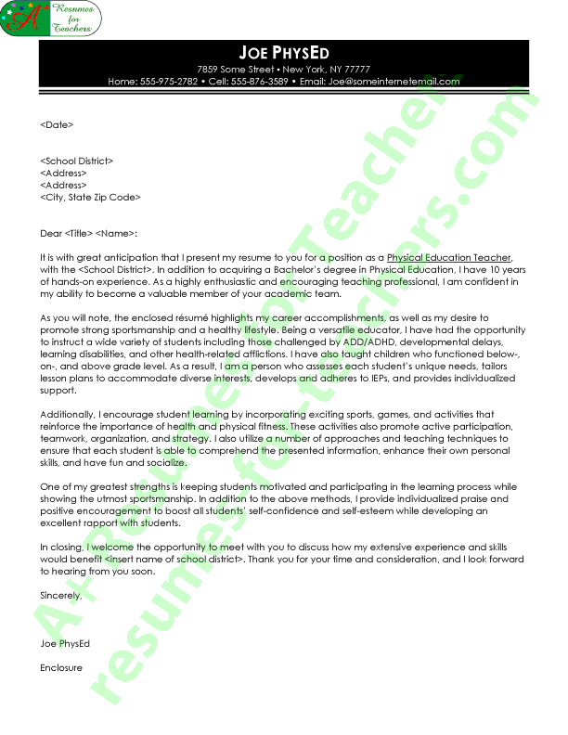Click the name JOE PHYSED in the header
[284, 52]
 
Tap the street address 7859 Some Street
[236, 70]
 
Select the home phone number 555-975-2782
[167, 82]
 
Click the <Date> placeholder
[57, 124]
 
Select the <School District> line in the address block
[77, 161]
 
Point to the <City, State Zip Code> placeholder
[90, 197]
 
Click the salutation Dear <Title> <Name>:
[88, 233]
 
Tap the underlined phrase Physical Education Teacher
[449, 257]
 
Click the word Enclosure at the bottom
[61, 667]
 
